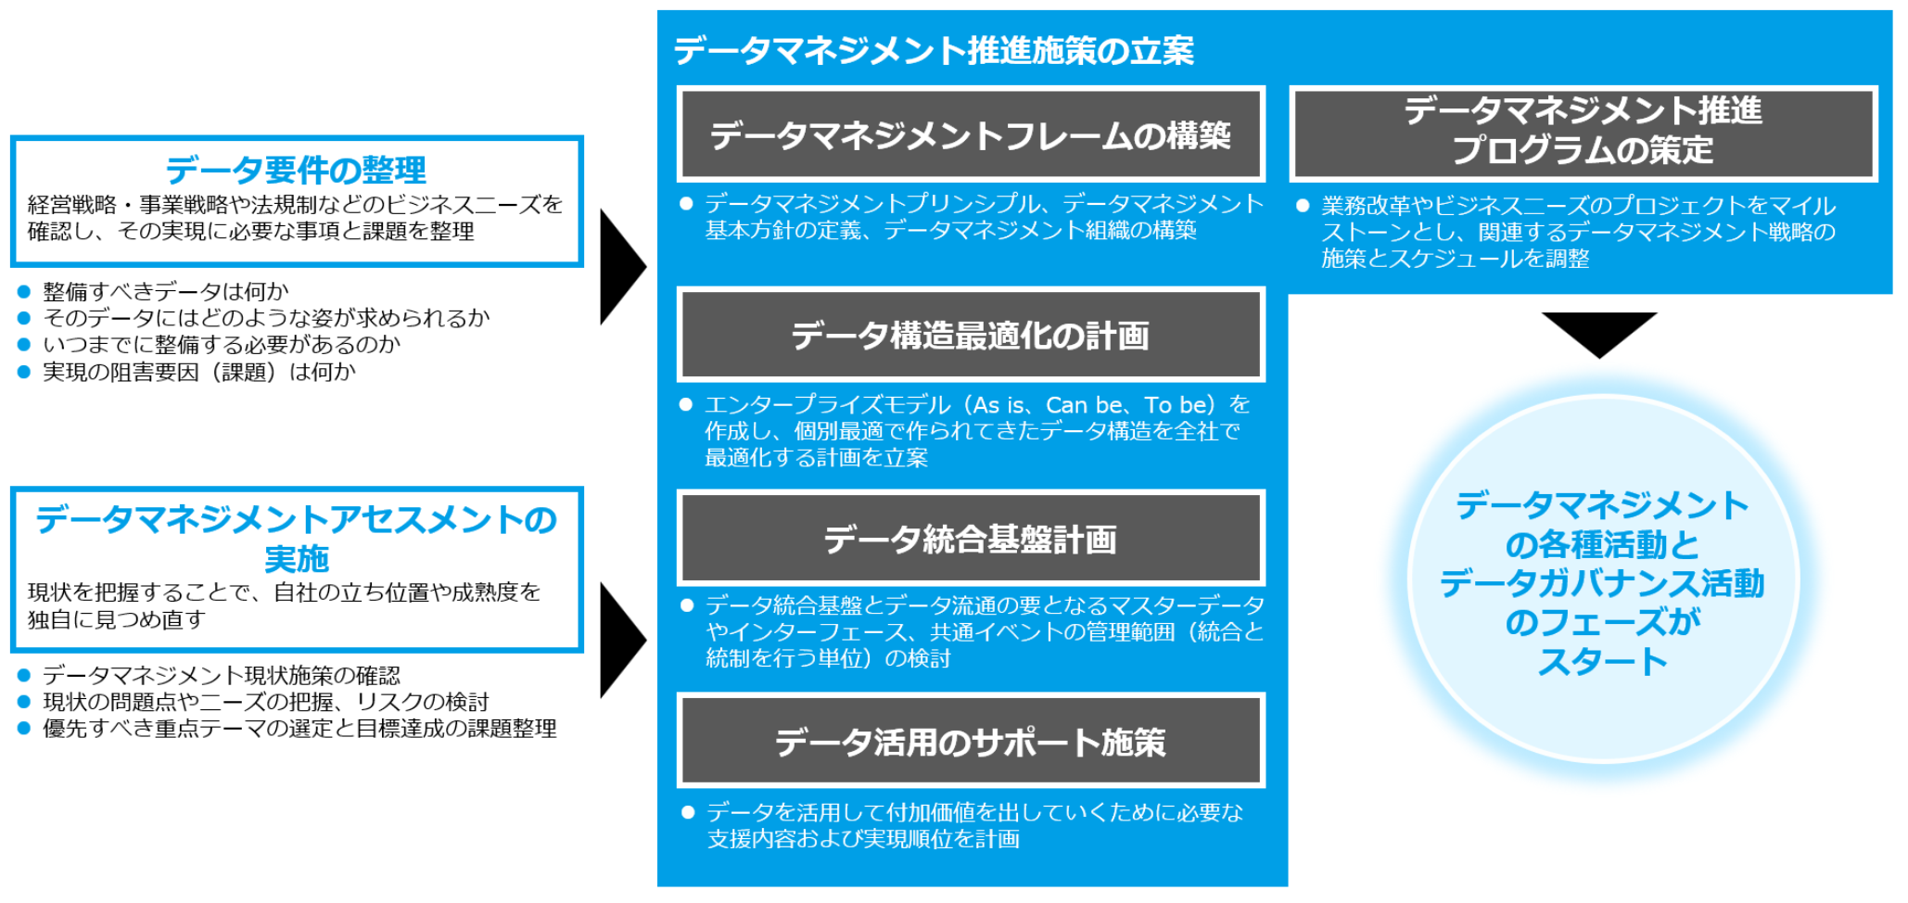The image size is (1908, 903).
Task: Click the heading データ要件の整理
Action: (x=296, y=170)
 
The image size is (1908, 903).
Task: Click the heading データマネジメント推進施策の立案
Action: (x=934, y=50)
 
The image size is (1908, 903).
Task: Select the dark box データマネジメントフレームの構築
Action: (x=971, y=134)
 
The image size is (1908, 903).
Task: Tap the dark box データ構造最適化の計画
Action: (x=971, y=335)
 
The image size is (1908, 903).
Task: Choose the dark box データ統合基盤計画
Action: (x=971, y=538)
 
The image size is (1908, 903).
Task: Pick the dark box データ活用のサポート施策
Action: (x=971, y=741)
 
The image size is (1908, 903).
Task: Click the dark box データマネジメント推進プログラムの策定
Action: (x=1583, y=133)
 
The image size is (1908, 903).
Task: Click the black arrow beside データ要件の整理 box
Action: (x=622, y=267)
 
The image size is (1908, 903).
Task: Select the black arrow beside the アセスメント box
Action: (x=622, y=640)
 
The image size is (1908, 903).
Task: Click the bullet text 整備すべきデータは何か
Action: (x=166, y=291)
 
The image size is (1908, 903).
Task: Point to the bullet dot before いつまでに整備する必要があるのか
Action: (x=24, y=345)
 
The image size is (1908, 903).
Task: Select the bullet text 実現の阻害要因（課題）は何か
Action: (x=199, y=372)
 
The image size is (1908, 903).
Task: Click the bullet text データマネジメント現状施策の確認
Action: (x=222, y=675)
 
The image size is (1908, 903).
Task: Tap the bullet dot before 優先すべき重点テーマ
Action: (x=24, y=729)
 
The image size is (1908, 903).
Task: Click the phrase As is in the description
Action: (x=1000, y=405)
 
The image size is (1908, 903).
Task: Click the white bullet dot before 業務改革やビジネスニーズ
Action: (x=1303, y=206)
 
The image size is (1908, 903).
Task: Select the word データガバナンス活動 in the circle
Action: (x=1602, y=583)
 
